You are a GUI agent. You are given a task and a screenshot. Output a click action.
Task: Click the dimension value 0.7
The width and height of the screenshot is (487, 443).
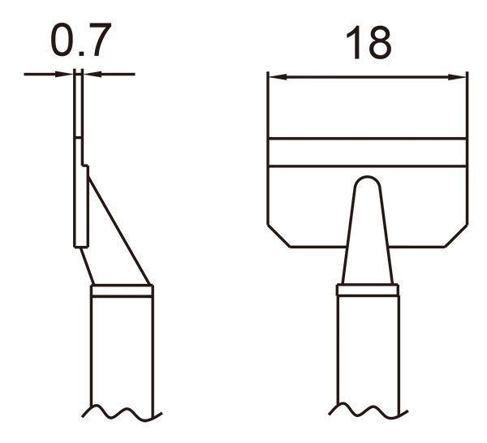click(x=79, y=42)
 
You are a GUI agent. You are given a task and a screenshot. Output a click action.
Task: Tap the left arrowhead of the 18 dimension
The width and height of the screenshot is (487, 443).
click(x=274, y=78)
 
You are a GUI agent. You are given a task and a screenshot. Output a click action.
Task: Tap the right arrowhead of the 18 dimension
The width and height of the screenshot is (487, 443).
click(x=461, y=78)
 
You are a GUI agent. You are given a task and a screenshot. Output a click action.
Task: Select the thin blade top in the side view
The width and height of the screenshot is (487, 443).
click(x=77, y=105)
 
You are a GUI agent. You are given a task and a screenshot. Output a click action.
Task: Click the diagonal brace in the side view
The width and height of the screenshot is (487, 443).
click(x=116, y=227)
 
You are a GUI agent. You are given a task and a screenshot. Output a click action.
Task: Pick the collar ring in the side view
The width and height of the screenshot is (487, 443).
click(x=122, y=290)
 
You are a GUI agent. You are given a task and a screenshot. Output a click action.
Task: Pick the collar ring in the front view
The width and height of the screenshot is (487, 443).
click(x=368, y=290)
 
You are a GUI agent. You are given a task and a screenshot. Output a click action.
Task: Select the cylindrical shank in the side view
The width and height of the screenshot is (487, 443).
click(x=122, y=349)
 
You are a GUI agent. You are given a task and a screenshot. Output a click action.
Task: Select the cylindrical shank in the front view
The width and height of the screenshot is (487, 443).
click(x=368, y=349)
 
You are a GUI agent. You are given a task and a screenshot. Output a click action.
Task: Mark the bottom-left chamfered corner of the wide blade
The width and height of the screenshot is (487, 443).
click(x=278, y=236)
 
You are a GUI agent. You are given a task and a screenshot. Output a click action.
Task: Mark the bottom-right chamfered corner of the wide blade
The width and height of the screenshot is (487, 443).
click(x=457, y=236)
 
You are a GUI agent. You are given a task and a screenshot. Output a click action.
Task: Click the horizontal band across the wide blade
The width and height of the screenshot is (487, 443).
click(x=368, y=152)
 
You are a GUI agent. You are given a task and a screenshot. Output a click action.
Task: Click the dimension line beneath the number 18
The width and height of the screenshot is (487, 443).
click(x=368, y=78)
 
